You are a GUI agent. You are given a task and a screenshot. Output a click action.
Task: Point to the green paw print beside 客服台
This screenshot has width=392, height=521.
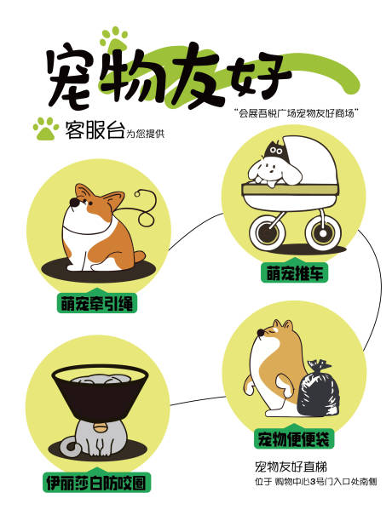[44, 129]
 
